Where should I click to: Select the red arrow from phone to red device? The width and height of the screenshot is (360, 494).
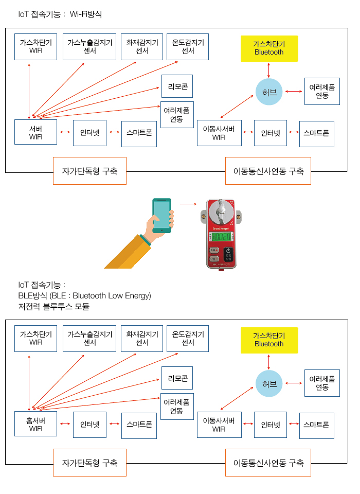pos(188,204)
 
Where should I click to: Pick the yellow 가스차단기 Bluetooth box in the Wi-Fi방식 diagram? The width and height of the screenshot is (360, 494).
pos(269,48)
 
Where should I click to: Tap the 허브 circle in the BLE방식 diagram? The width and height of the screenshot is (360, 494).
pos(269,383)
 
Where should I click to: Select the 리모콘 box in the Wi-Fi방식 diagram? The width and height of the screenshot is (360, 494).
pos(177,86)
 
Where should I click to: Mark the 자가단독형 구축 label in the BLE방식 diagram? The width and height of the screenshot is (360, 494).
pos(89,463)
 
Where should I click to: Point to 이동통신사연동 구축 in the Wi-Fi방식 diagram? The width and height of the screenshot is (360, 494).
pos(268,171)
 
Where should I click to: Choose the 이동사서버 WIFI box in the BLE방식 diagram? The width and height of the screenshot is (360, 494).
pos(219,425)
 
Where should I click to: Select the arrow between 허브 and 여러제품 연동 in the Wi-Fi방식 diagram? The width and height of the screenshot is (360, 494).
pos(293,92)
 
